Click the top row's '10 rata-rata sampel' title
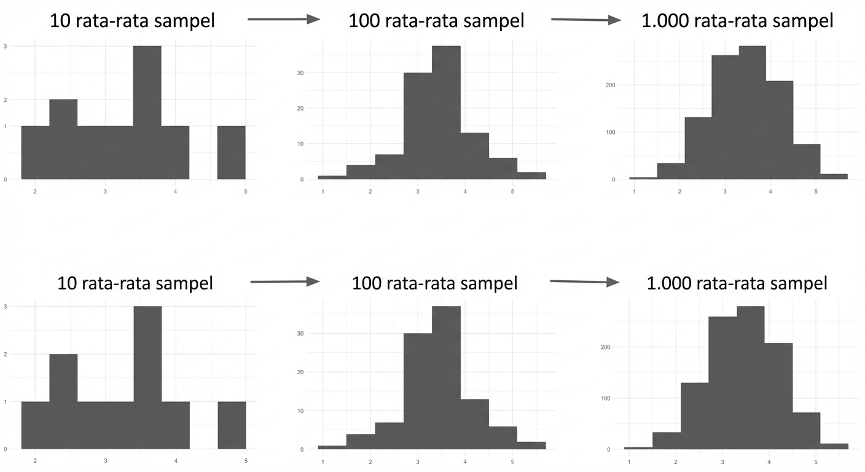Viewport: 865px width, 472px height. pyautogui.click(x=133, y=21)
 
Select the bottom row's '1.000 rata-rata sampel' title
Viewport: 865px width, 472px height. pyautogui.click(x=737, y=283)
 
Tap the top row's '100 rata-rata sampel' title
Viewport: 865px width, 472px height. pyautogui.click(x=436, y=21)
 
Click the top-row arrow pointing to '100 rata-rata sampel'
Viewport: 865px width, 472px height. pyautogui.click(x=284, y=20)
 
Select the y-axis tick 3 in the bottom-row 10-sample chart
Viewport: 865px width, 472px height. pyautogui.click(x=6, y=307)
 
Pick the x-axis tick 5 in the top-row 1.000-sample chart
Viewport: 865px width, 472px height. pyautogui.click(x=816, y=192)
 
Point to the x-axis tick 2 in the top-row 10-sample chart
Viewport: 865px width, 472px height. pyautogui.click(x=35, y=192)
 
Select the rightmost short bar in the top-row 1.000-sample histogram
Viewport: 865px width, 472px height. pyautogui.click(x=834, y=176)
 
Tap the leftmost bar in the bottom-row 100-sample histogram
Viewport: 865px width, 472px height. pyautogui.click(x=332, y=447)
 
